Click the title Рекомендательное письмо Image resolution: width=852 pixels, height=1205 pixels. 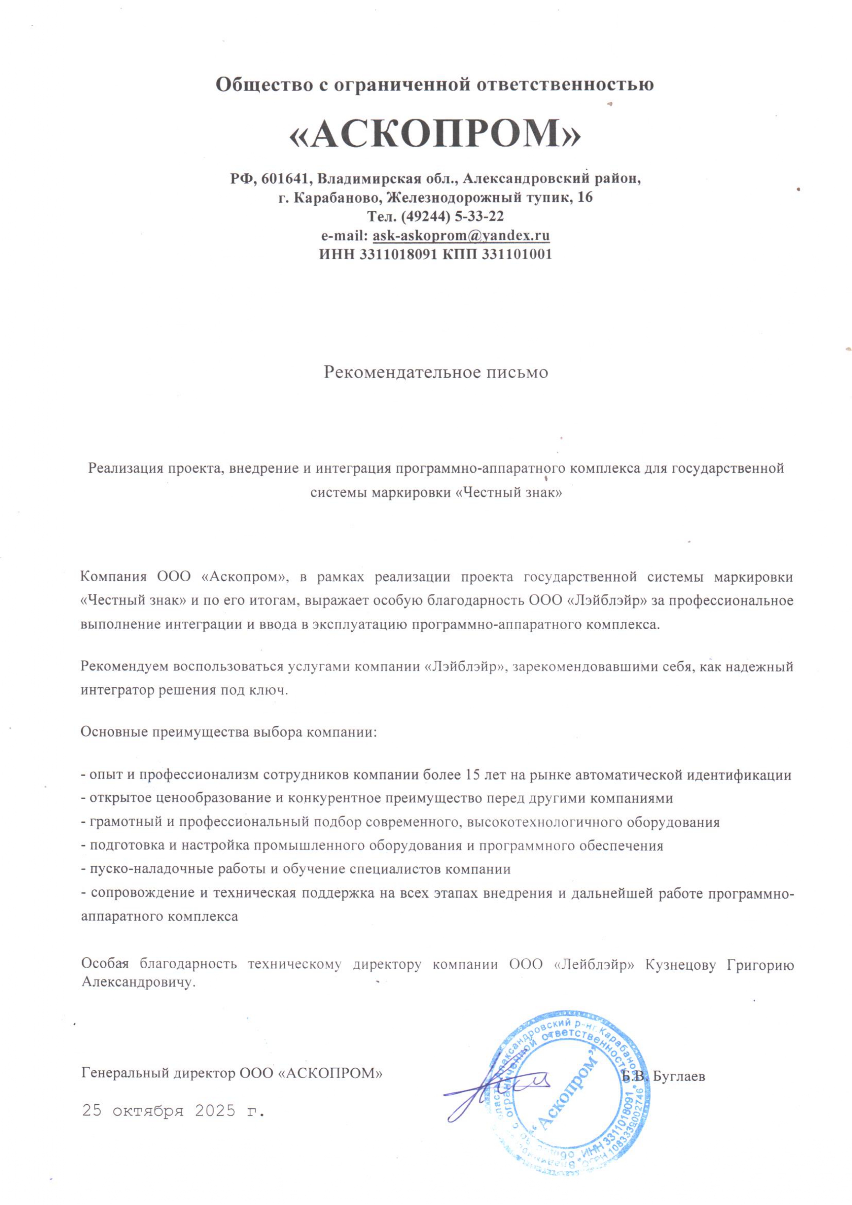(435, 372)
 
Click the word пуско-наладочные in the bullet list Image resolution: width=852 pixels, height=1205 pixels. (144, 869)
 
